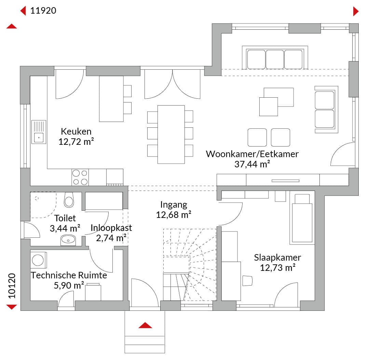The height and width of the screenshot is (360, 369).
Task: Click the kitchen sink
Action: [39, 132]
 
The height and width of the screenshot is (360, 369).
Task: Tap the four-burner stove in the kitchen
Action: [80, 177]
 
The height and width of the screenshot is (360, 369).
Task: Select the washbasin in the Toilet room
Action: [68, 240]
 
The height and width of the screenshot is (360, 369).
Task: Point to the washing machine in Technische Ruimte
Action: [38, 260]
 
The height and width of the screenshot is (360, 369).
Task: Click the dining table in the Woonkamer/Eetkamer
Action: [171, 134]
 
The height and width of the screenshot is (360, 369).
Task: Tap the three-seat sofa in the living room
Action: [275, 58]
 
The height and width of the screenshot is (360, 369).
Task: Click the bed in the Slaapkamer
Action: [302, 218]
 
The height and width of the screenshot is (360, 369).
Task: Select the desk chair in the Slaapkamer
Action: [247, 281]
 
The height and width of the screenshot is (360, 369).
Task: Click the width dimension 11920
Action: [43, 11]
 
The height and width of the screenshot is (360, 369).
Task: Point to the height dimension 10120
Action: [12, 286]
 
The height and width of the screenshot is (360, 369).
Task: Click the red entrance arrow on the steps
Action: [145, 325]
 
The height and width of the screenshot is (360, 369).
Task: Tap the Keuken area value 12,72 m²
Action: [76, 142]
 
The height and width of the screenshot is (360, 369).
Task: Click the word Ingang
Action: [174, 205]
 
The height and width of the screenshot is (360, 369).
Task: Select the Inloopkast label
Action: [111, 228]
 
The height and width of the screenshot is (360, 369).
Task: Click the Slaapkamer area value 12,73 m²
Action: [278, 268]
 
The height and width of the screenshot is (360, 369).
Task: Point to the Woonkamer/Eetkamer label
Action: [252, 154]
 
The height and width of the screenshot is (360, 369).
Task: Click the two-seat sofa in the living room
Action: [326, 109]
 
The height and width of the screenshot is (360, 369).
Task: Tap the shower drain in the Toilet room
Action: [37, 198]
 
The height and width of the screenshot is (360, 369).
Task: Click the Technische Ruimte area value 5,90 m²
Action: [69, 286]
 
